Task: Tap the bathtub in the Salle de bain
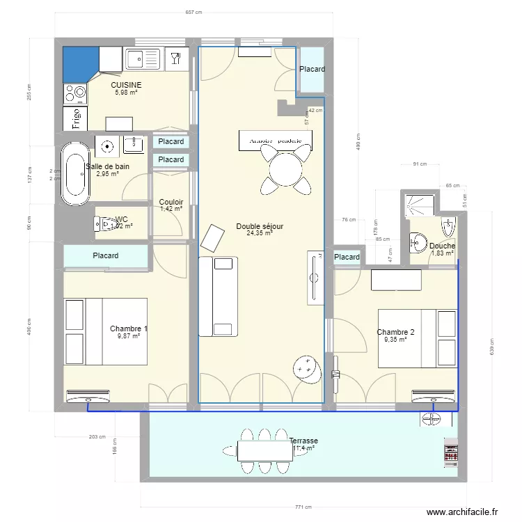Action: tap(74, 174)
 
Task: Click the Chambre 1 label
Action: tap(129, 329)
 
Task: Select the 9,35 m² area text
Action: tap(395, 340)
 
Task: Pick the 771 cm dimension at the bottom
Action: tap(301, 507)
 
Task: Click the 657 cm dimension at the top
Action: tap(193, 12)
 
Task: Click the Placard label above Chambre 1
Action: tap(106, 255)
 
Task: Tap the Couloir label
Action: tap(171, 202)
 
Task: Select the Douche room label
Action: tap(442, 246)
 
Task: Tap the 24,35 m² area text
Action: tap(258, 234)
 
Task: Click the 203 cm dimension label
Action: tap(97, 437)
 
